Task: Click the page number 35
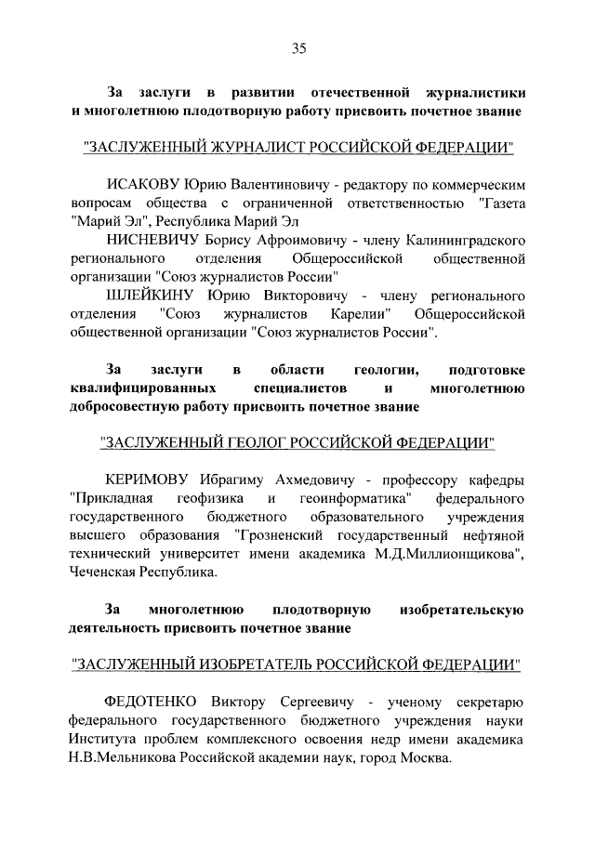(297, 49)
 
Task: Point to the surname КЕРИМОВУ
(150, 480)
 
